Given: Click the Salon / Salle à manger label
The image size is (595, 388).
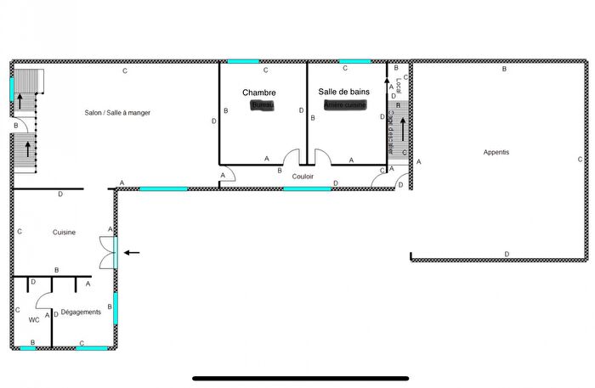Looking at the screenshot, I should (117, 112).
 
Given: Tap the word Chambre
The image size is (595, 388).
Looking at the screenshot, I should (258, 92).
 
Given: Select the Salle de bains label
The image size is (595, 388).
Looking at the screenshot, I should (343, 92).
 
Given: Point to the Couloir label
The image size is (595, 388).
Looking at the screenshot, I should (303, 177).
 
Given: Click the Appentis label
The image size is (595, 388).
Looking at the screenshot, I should (496, 152).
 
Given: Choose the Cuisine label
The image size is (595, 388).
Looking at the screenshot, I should (65, 232).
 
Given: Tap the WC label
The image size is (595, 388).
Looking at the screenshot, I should (35, 320).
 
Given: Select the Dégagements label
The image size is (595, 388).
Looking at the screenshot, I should (82, 312).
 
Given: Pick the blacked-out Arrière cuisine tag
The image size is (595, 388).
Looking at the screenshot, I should (344, 104).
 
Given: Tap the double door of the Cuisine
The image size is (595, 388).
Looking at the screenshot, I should (109, 251).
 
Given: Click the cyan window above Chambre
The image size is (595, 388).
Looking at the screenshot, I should (243, 61).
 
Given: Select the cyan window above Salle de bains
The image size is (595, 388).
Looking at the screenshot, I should (354, 61).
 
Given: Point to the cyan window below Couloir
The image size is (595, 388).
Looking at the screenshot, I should (307, 188).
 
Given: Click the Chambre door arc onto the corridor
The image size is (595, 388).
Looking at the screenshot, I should (292, 159).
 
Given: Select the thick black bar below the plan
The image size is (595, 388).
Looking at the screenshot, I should (300, 378).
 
